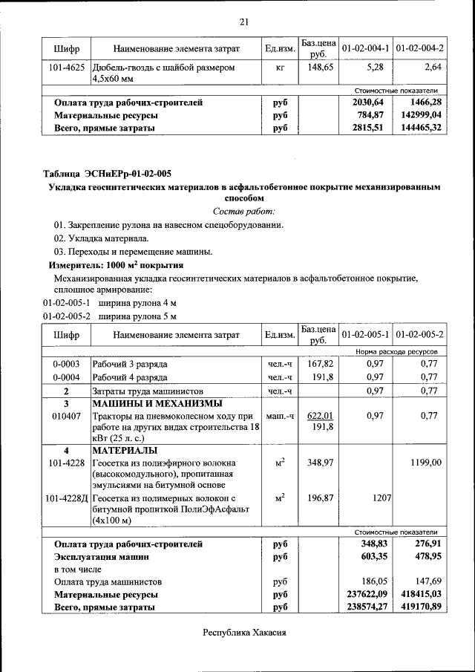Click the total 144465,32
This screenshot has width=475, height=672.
coord(420,128)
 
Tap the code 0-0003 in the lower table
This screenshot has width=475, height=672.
coord(66,365)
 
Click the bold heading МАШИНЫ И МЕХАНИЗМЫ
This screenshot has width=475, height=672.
coord(157,404)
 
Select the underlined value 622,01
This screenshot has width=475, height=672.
coord(320,417)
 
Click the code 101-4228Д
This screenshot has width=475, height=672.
coord(67,498)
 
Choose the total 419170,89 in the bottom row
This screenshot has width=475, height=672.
coord(420,607)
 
